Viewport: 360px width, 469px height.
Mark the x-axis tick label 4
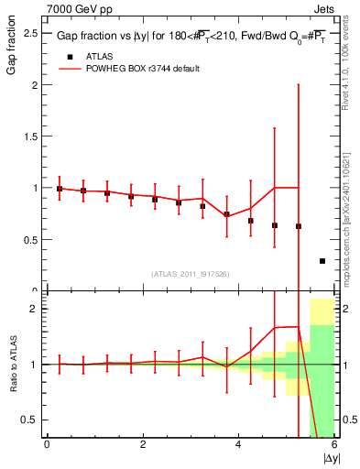[x=238, y=444]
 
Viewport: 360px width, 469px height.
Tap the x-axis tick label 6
[x=334, y=444]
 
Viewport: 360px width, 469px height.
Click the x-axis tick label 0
[x=47, y=444]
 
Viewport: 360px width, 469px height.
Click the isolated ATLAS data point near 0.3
[x=322, y=261]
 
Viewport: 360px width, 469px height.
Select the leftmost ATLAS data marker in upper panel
[x=60, y=189]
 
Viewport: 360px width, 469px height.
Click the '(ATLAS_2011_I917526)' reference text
[x=191, y=273]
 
